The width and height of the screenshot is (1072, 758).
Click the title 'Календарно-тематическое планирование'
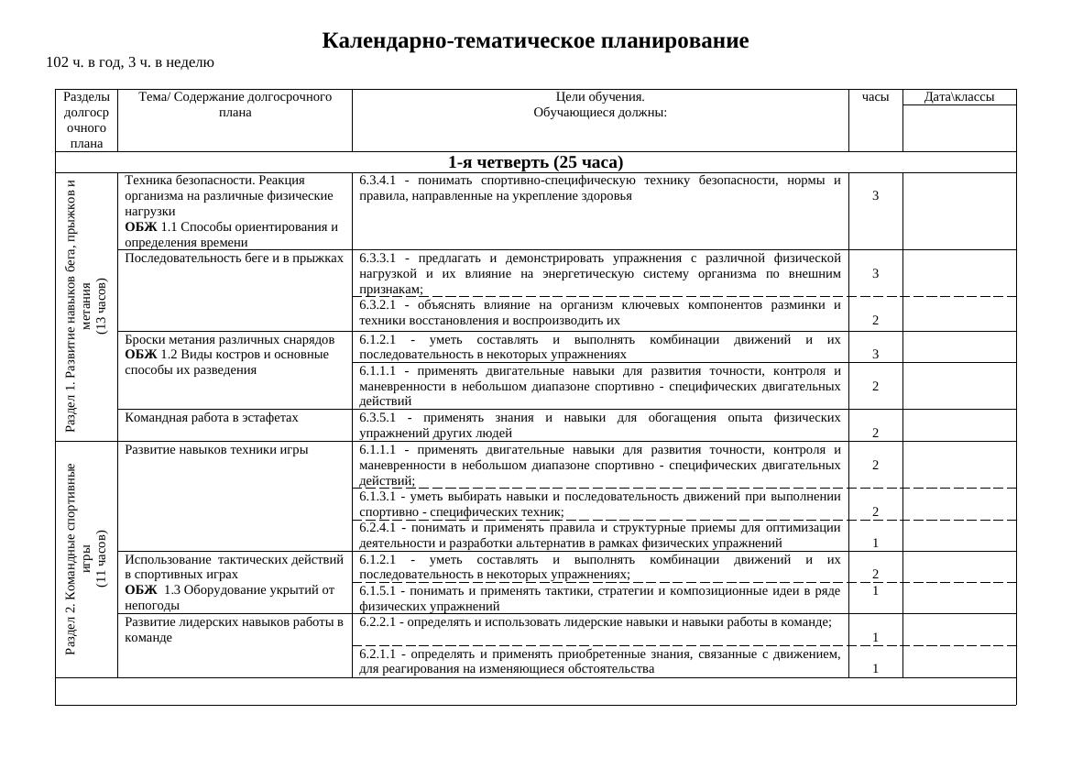point(535,41)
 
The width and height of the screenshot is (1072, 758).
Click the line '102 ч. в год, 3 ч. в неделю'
point(130,62)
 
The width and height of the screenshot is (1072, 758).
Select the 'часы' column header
point(875,96)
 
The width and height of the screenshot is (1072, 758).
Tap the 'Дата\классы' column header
point(959,97)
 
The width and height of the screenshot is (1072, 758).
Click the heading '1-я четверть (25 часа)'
point(535,162)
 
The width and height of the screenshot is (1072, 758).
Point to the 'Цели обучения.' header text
point(600,96)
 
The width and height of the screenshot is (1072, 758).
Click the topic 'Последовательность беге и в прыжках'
point(235,258)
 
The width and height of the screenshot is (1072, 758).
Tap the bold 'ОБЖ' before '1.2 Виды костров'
point(140,354)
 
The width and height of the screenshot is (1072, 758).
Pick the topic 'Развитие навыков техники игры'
point(216,450)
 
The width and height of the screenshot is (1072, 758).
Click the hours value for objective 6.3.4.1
point(876,196)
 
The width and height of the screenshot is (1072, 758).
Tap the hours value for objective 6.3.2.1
point(876,321)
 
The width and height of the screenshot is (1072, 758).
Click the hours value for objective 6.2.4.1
point(876,543)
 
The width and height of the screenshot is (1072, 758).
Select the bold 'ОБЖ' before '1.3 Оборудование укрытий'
point(140,590)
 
